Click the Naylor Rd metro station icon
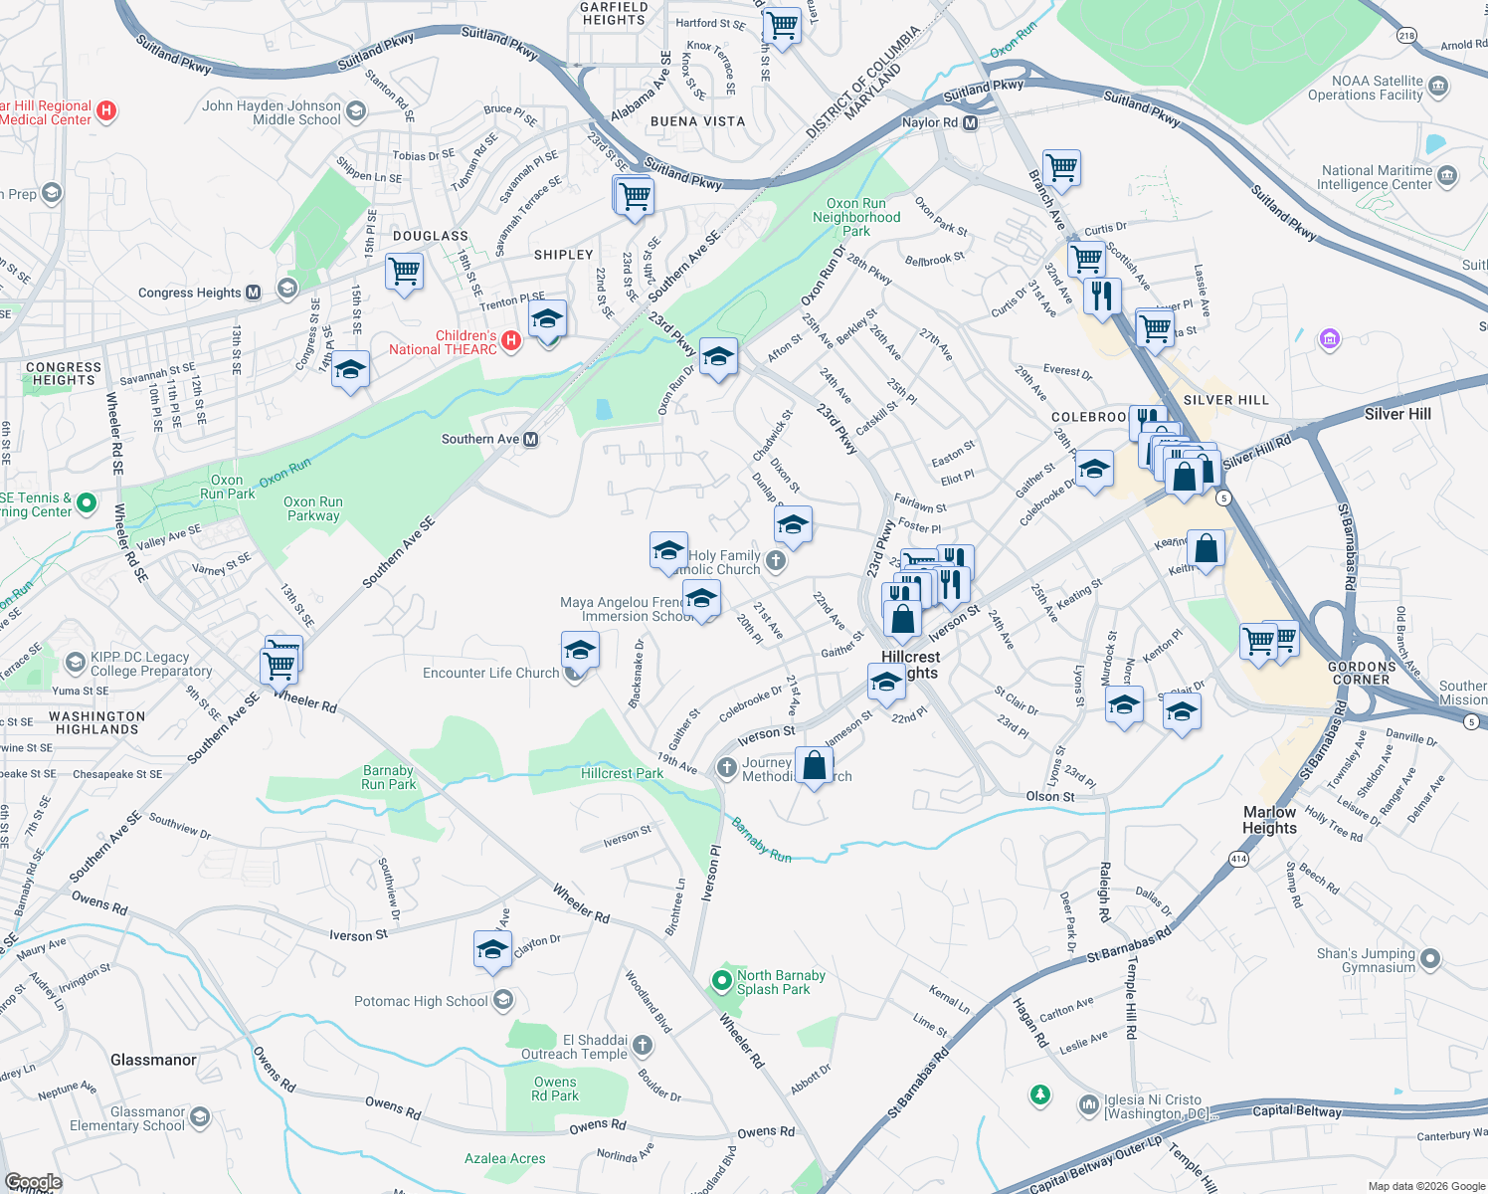point(971,122)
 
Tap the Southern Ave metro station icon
point(531,439)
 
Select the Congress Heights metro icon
point(253,293)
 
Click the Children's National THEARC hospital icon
point(510,341)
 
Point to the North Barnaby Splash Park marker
point(721,982)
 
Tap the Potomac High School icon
point(503,1000)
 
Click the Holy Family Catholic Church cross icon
point(776,562)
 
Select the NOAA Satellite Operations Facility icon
point(1438,88)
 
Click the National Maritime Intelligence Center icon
point(1447,177)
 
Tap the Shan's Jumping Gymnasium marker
point(1430,959)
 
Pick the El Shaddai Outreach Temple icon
point(643,1046)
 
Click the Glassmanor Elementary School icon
point(200,1118)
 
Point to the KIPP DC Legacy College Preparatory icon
point(75,663)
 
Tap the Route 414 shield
point(1238,859)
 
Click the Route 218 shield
point(1406,36)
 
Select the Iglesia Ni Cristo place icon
point(1088,1104)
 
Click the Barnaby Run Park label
point(388,777)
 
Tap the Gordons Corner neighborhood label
point(1361,673)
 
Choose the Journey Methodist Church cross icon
point(727,767)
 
